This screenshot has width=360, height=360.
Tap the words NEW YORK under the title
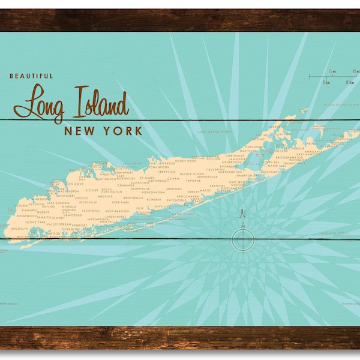(x=103, y=131)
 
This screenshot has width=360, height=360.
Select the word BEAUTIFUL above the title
(x=31, y=76)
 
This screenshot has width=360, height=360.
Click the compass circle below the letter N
(x=242, y=239)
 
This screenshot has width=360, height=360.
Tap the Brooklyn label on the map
(x=20, y=229)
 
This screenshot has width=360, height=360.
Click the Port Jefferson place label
(x=162, y=163)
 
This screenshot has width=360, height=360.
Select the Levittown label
(x=91, y=211)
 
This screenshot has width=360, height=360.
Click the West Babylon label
(x=117, y=211)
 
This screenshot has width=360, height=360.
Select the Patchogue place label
(x=176, y=200)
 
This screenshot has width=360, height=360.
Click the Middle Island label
(x=192, y=174)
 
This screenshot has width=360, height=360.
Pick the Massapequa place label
(x=97, y=220)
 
